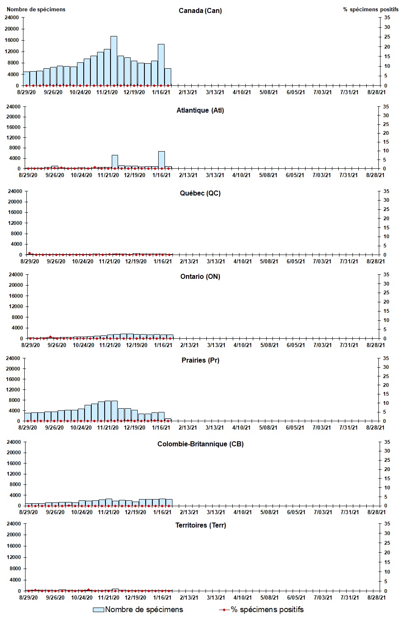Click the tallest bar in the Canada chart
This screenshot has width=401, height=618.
click(x=114, y=61)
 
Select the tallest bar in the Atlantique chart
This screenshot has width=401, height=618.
click(x=162, y=160)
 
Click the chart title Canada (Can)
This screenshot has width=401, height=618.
click(x=200, y=10)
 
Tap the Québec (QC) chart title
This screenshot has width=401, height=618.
click(x=200, y=193)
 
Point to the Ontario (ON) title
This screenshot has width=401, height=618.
click(x=200, y=276)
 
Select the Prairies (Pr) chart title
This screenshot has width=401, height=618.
click(x=200, y=360)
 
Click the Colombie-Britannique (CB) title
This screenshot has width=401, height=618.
click(x=200, y=444)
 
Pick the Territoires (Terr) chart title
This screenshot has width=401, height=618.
click(x=200, y=525)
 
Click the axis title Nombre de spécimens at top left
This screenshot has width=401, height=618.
click(x=36, y=9)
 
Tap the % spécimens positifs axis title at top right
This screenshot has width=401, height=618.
click(x=370, y=9)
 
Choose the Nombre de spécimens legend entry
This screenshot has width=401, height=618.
click(x=138, y=610)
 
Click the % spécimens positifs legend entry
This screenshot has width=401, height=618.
click(x=262, y=610)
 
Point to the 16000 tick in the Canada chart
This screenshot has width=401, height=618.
click(x=12, y=40)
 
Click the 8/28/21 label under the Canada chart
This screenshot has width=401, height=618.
click(x=376, y=92)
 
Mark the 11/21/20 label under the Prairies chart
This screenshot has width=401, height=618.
click(x=108, y=427)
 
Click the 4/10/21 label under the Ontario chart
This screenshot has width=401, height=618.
click(x=243, y=345)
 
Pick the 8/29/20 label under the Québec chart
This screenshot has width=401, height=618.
click(x=30, y=261)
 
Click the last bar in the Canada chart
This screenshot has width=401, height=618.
click(x=168, y=77)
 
